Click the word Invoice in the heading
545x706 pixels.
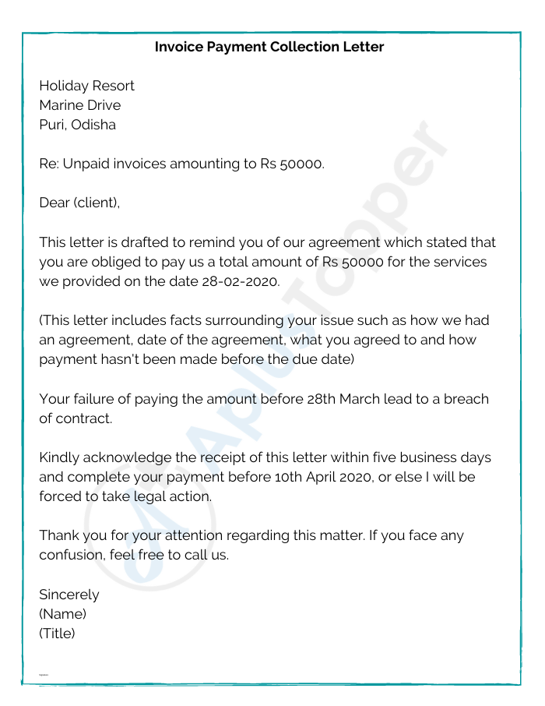tap(179, 47)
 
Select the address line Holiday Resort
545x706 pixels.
tap(86, 86)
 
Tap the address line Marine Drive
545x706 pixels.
tap(80, 105)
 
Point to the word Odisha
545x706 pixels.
tap(93, 125)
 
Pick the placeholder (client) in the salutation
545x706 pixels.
tap(97, 203)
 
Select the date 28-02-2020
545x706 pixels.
tap(241, 281)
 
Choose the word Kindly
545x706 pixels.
tap(59, 457)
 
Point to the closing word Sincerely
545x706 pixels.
tap(69, 595)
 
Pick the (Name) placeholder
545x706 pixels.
tap(62, 614)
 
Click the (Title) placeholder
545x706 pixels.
tap(57, 634)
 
